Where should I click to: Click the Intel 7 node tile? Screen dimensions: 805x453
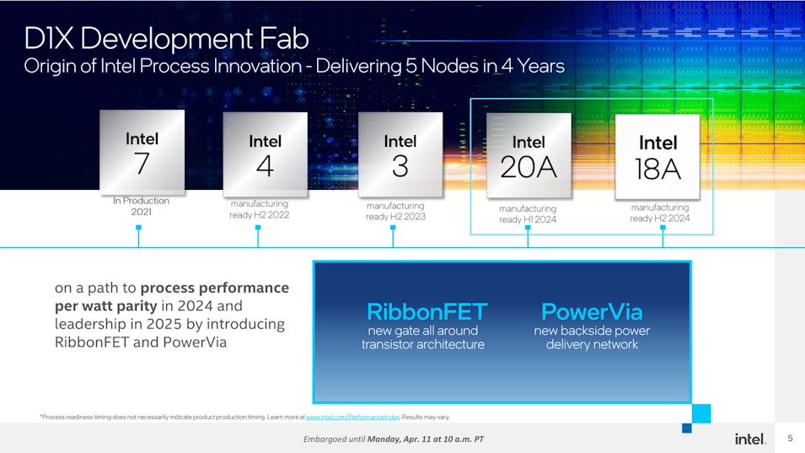pyautogui.click(x=142, y=152)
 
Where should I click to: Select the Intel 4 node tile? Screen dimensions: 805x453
pyautogui.click(x=266, y=154)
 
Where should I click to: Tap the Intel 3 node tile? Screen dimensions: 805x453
pyautogui.click(x=400, y=154)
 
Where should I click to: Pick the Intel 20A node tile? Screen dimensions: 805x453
pyautogui.click(x=529, y=155)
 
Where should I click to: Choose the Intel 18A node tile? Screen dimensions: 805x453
pyautogui.click(x=657, y=157)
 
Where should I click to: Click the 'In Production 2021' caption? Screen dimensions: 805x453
pyautogui.click(x=141, y=206)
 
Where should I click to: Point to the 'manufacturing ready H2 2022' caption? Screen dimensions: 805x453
pyautogui.click(x=260, y=209)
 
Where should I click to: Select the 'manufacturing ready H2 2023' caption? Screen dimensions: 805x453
pyautogui.click(x=395, y=211)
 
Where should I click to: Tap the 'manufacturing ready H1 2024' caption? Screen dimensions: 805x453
pyautogui.click(x=528, y=213)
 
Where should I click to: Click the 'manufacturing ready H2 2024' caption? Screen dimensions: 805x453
pyautogui.click(x=660, y=213)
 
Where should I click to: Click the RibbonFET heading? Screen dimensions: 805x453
pyautogui.click(x=427, y=312)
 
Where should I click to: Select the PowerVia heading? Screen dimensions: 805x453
pyautogui.click(x=592, y=312)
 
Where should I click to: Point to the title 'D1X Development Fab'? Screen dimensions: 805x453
pyautogui.click(x=166, y=39)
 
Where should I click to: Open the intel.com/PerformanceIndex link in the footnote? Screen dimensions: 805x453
pyautogui.click(x=352, y=417)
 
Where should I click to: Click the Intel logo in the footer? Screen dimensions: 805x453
pyautogui.click(x=750, y=439)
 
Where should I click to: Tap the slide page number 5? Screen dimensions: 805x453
pyautogui.click(x=790, y=438)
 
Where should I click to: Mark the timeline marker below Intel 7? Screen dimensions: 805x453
pyautogui.click(x=138, y=235)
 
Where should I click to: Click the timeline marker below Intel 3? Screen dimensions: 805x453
pyautogui.click(x=393, y=235)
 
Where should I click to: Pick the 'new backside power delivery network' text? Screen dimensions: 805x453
pyautogui.click(x=592, y=337)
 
